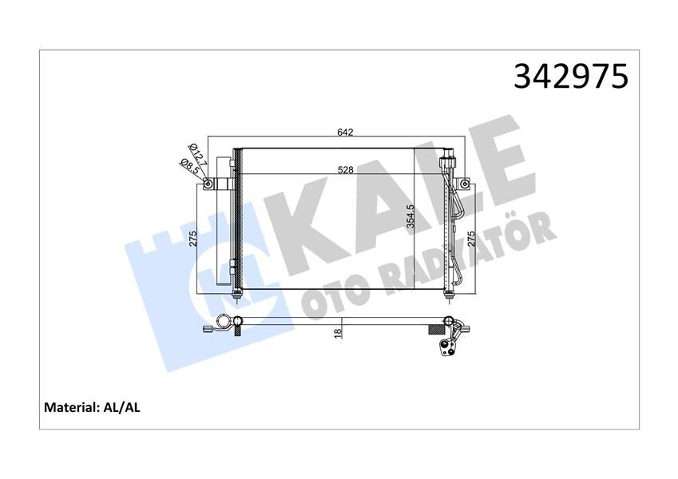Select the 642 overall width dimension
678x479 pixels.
click(x=345, y=133)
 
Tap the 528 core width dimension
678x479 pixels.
click(x=345, y=169)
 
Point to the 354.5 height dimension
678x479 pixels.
click(x=410, y=215)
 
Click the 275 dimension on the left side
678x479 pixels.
click(x=192, y=240)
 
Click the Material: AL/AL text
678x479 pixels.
click(x=93, y=407)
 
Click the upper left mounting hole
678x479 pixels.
click(x=208, y=185)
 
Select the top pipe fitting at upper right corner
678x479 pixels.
click(x=449, y=155)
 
